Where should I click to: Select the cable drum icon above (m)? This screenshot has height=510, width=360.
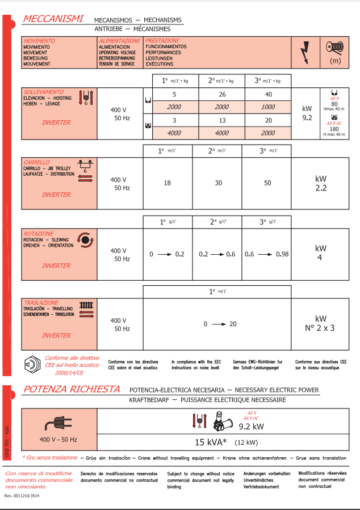coord(335,47)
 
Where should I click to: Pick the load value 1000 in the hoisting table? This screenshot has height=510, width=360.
coord(268,107)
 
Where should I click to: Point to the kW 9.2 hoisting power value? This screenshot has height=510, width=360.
coord(307,113)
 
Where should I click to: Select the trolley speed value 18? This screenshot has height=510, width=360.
coord(167,183)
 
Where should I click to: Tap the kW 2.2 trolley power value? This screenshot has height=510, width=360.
coord(321,183)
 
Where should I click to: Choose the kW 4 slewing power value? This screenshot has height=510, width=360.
coord(321,253)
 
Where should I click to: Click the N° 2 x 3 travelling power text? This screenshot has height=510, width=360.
coord(321,327)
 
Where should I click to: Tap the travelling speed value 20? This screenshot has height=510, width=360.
coord(233,324)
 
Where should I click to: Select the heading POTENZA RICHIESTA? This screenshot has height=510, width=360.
coord(71,389)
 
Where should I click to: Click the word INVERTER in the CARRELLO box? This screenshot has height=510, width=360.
coord(56,195)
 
